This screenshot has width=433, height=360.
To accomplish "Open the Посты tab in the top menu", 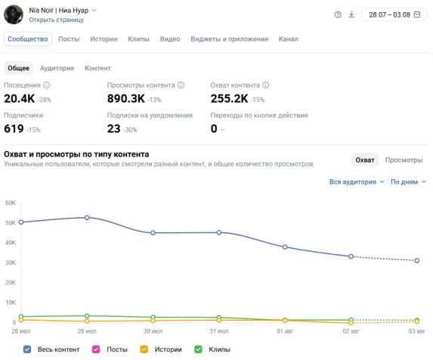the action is pos(69,39).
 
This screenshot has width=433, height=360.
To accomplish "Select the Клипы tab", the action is pos(138,39).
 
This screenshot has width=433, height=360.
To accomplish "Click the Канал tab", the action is pos(289,39).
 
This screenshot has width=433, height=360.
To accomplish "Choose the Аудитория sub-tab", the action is pos(57,68).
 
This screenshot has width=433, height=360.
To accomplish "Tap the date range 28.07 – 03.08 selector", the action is pos(394,14).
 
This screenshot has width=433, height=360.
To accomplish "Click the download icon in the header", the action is pos(351,14).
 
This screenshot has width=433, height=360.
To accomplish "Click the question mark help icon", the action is pos(338,14).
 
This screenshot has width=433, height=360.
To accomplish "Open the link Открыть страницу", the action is pos(57,20).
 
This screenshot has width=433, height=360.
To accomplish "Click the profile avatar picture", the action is pos(14,14).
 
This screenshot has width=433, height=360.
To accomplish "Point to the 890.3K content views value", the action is pos(126,98).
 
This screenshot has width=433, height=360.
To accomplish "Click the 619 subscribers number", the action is pos(14,129).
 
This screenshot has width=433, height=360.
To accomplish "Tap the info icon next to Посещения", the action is pos(47,85).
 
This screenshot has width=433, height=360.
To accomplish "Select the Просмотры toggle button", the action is pos(404,160).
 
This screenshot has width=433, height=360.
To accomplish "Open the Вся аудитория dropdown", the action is pos(357,182).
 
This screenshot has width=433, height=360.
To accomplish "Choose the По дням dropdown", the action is pos(408,182).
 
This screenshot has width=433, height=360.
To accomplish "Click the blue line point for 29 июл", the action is pos(87,218).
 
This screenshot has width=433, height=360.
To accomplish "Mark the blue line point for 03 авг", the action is pos(417,260).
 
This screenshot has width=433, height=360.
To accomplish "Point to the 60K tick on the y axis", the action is pos(11,203).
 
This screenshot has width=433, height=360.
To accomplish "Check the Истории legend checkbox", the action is pos(144,349).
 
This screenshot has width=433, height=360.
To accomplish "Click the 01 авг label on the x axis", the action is pos(285,331).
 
